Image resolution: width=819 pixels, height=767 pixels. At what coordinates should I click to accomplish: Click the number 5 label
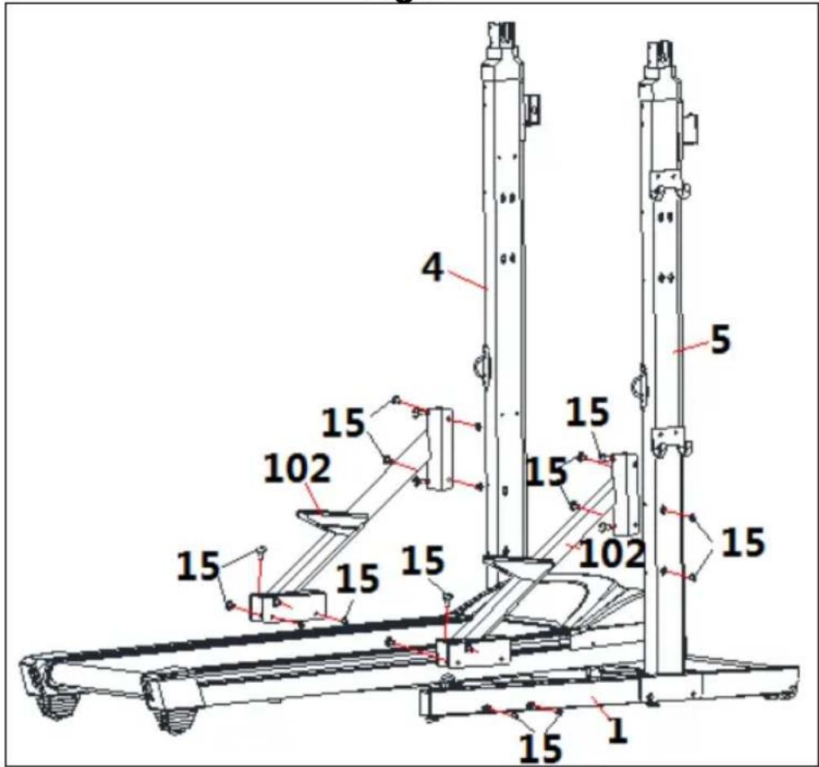(719, 340)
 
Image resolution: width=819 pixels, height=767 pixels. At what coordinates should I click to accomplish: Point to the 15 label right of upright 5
(742, 542)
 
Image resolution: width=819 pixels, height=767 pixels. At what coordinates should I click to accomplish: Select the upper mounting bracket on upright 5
(670, 184)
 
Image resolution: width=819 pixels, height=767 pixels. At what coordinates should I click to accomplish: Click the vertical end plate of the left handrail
(438, 449)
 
